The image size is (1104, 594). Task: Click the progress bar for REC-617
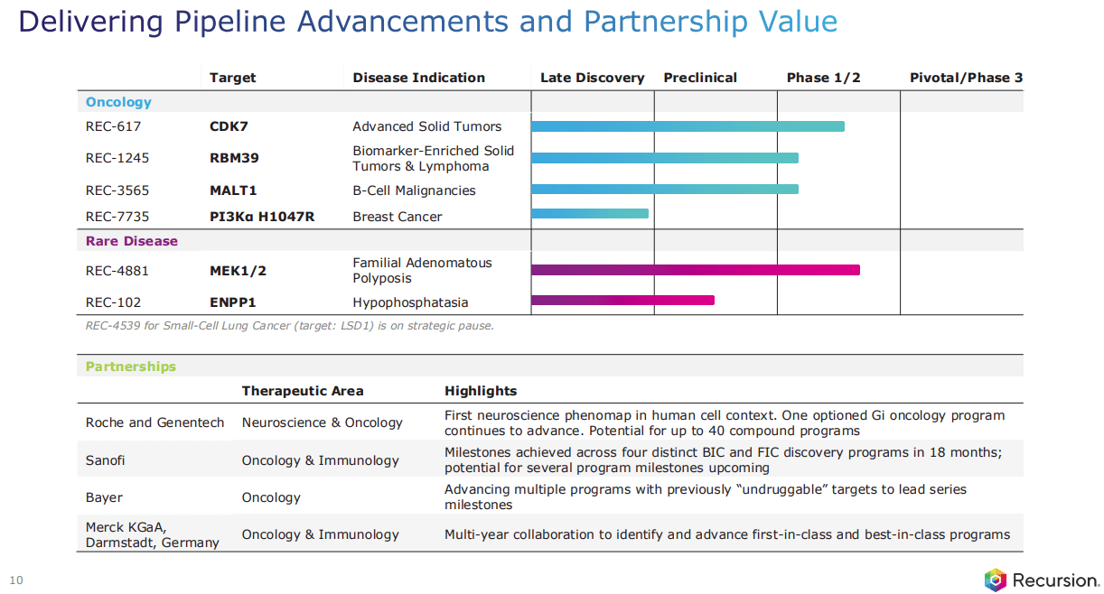(688, 126)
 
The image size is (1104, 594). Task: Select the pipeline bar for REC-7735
(590, 213)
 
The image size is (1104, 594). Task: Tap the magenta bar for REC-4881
(696, 270)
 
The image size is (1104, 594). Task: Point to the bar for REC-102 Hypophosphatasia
(623, 300)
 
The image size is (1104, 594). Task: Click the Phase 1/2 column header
(823, 78)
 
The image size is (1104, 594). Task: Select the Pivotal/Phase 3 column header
(966, 78)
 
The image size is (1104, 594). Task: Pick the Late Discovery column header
(592, 78)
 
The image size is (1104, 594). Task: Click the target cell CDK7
(229, 126)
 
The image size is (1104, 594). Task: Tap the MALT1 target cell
(233, 190)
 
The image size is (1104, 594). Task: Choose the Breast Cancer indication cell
(398, 217)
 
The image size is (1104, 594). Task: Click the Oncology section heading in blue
(118, 102)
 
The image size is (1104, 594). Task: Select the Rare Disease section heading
(132, 241)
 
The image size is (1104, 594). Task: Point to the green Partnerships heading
(131, 367)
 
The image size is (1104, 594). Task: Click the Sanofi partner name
(105, 460)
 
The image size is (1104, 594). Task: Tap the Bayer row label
(104, 497)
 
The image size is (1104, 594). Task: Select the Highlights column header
(481, 391)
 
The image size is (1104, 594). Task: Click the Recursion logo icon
(995, 580)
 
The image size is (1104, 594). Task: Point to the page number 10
(16, 580)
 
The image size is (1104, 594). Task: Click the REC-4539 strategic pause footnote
(289, 326)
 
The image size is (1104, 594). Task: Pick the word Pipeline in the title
(230, 23)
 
